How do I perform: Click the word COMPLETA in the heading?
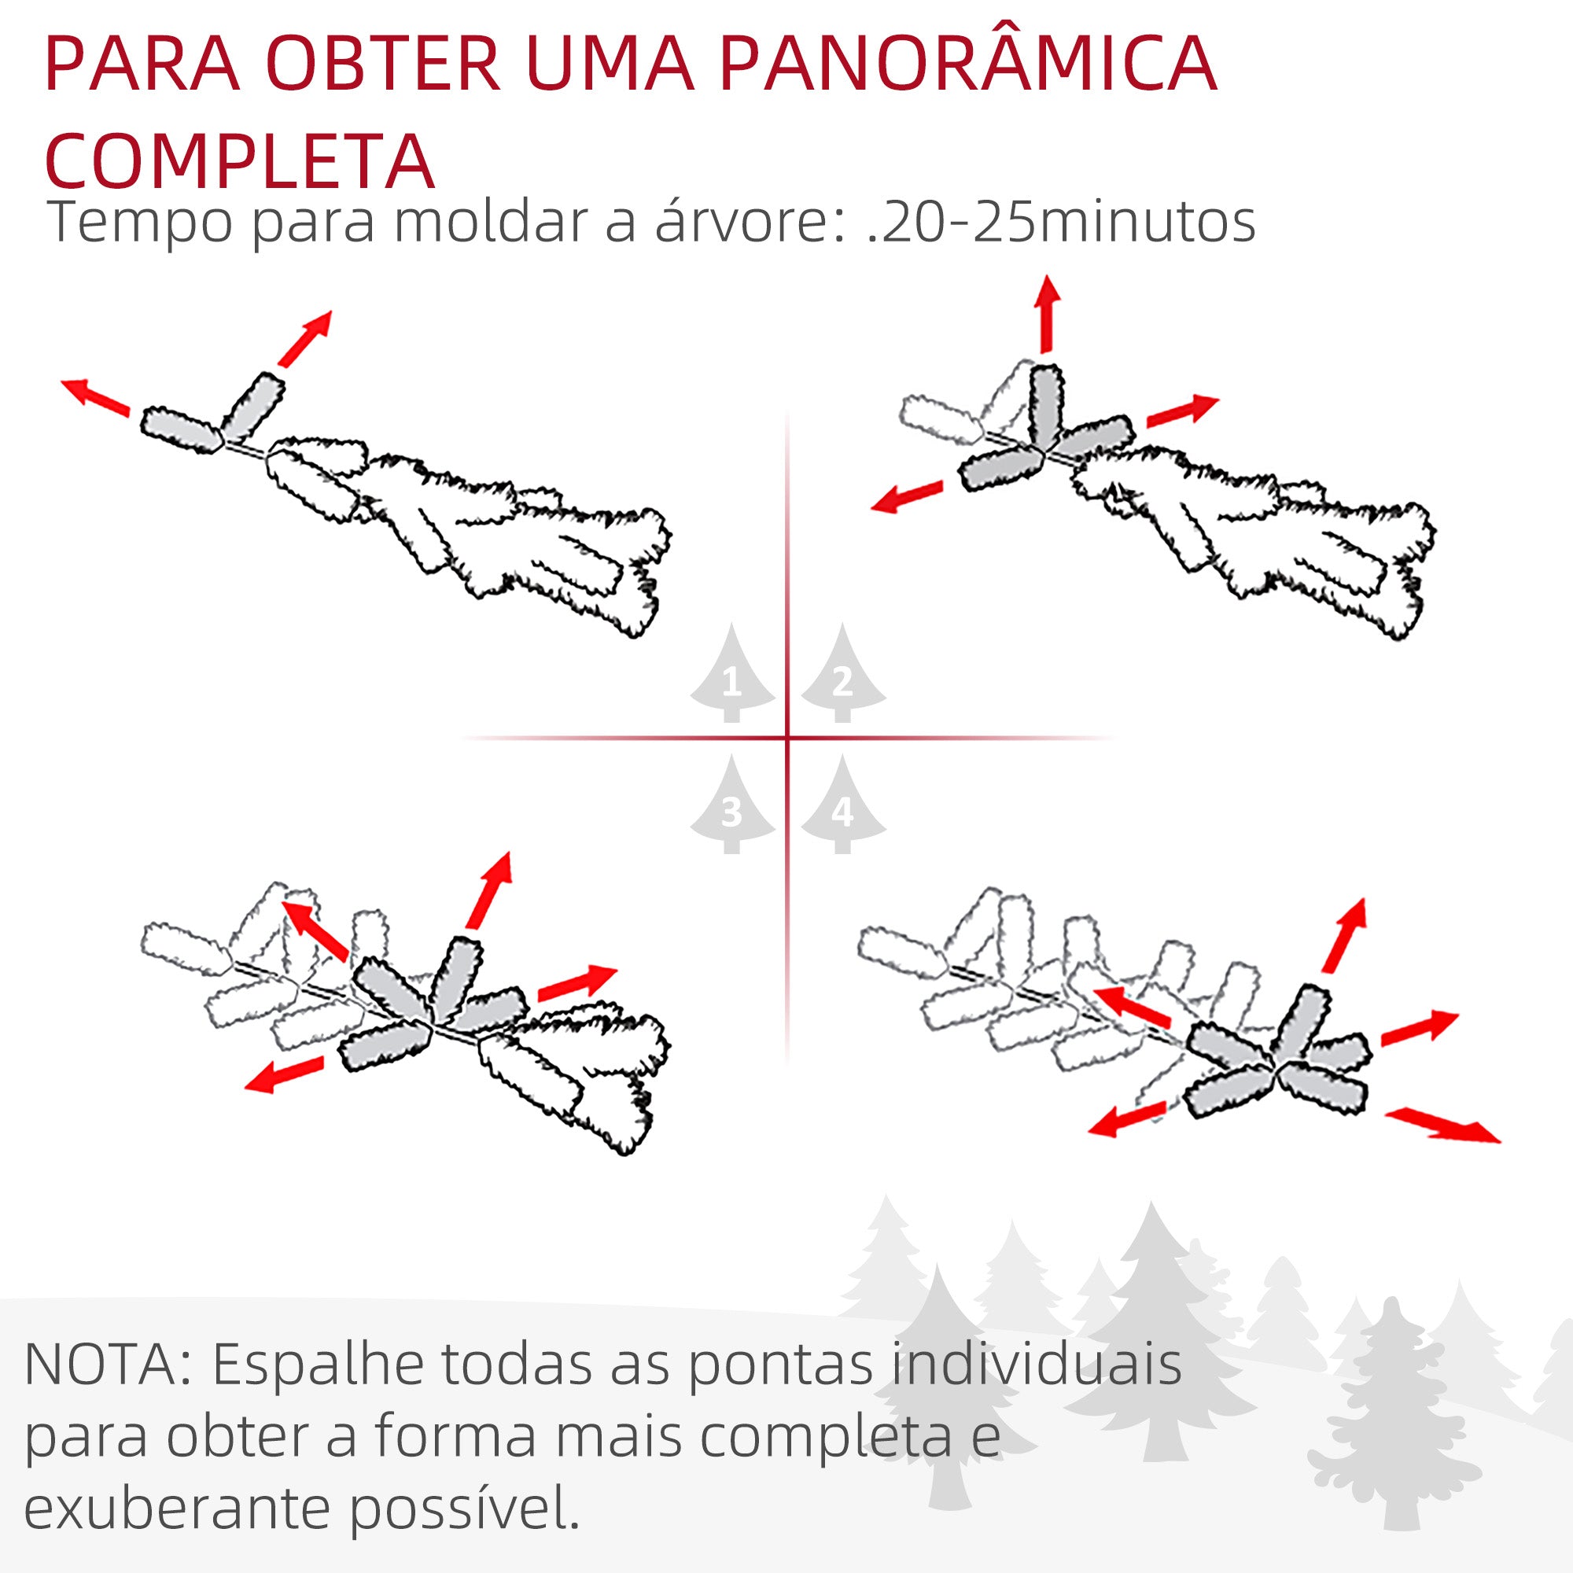pos(239,160)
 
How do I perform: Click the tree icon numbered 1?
pos(732,676)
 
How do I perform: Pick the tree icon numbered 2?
pos(842,676)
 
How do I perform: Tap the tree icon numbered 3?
pos(732,807)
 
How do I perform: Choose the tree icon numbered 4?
pos(842,807)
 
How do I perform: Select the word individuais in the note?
pos(1036,1364)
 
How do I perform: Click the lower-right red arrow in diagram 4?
pos(1442,1126)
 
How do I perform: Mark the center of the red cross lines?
pos(787,739)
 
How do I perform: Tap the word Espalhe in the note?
pos(319,1365)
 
